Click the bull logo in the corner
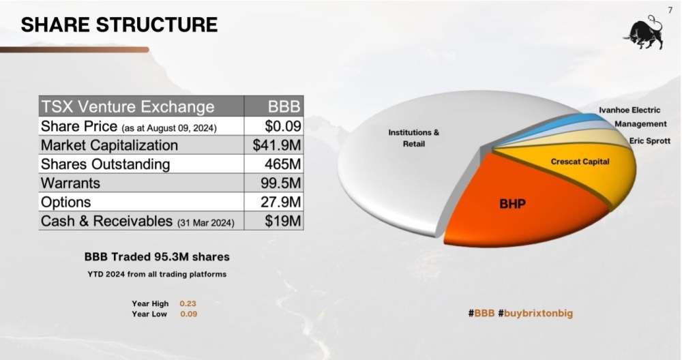coord(644,32)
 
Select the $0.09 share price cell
coord(274,126)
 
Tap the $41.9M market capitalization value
coord(274,145)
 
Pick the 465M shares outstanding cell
coord(274,164)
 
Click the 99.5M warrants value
coord(274,183)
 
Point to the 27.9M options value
coord(274,202)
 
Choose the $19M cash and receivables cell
coord(274,221)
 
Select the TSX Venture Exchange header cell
coord(141,106)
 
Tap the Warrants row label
coord(70,183)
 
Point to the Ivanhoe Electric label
coord(629,110)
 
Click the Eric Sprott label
coord(650,141)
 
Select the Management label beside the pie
coord(640,124)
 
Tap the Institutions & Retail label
coord(414,138)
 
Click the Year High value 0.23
coord(188,303)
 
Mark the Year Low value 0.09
coord(189,314)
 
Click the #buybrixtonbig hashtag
coord(535,314)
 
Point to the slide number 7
coord(670,10)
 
